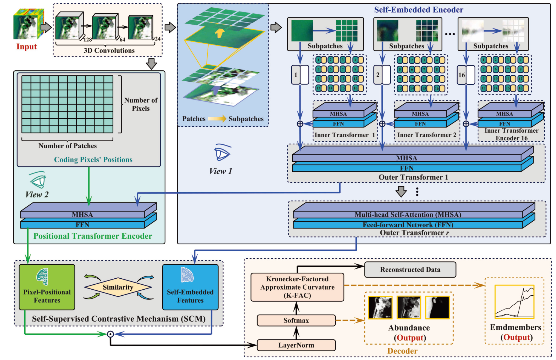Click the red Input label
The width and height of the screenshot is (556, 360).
coord(26,47)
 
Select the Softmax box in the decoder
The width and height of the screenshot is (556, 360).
coord(296,320)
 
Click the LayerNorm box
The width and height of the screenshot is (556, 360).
coord(296,345)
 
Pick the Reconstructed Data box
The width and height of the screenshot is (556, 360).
coord(410,270)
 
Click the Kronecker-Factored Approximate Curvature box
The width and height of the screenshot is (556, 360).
coord(297,287)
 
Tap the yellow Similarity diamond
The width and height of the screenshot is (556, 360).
coord(118,287)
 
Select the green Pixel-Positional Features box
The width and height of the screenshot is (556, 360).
coord(47,287)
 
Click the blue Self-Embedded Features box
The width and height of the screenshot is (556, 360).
coord(190,287)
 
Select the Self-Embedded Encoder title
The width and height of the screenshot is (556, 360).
coord(418,10)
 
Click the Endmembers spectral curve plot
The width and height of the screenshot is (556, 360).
coord(514,302)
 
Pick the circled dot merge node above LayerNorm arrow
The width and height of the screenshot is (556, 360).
coord(110,334)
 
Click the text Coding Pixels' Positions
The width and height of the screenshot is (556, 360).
coord(93,160)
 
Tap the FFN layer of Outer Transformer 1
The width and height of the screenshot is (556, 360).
coord(407,168)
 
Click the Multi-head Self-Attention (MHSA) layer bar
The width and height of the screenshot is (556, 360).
coord(408,215)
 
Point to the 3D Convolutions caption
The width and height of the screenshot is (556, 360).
coord(109,50)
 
